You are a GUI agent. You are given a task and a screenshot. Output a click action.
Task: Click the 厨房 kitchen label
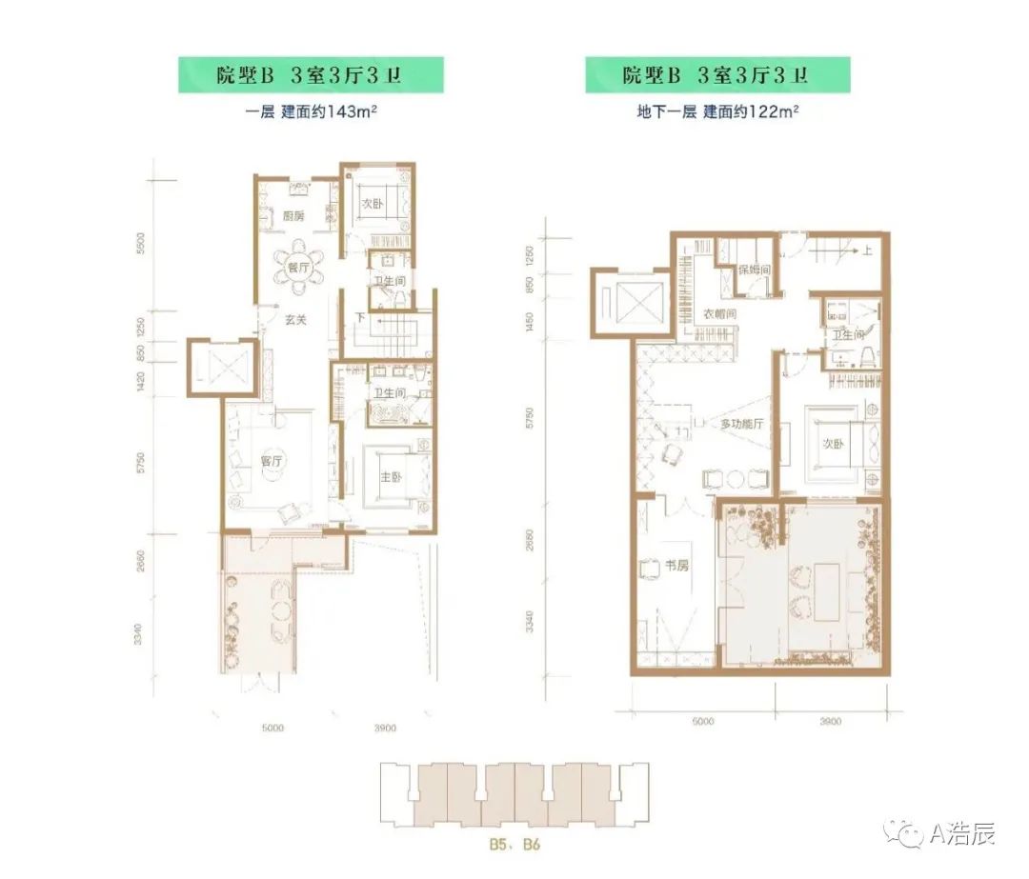[293, 215]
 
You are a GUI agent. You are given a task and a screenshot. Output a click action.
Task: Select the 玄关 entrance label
[294, 320]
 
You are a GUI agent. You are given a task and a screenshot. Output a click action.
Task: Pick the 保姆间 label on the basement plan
[754, 270]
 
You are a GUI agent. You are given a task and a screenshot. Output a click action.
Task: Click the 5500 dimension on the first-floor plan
[140, 244]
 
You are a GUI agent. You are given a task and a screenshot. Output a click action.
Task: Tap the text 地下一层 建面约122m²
[717, 111]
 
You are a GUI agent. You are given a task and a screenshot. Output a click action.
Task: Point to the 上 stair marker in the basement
[869, 251]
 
